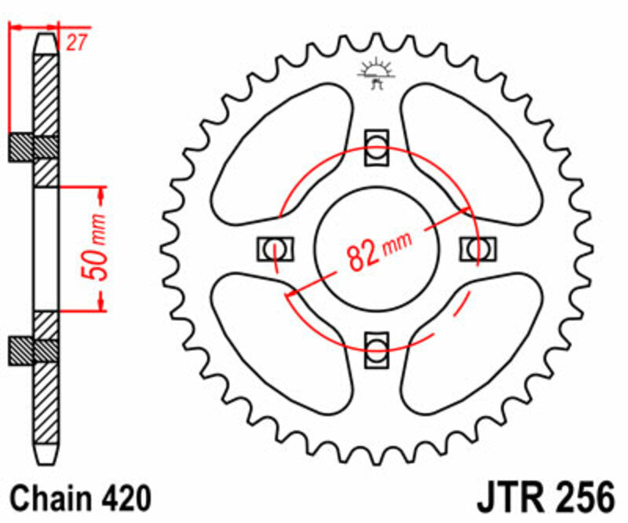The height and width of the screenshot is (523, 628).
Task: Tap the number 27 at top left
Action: [75, 44]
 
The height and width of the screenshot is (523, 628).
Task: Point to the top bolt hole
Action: [377, 147]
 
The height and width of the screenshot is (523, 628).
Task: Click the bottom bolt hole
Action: [377, 347]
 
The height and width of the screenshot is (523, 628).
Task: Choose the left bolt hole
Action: [275, 248]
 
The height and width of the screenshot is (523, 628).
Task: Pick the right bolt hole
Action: [476, 248]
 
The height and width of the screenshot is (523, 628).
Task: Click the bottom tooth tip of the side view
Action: [46, 462]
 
